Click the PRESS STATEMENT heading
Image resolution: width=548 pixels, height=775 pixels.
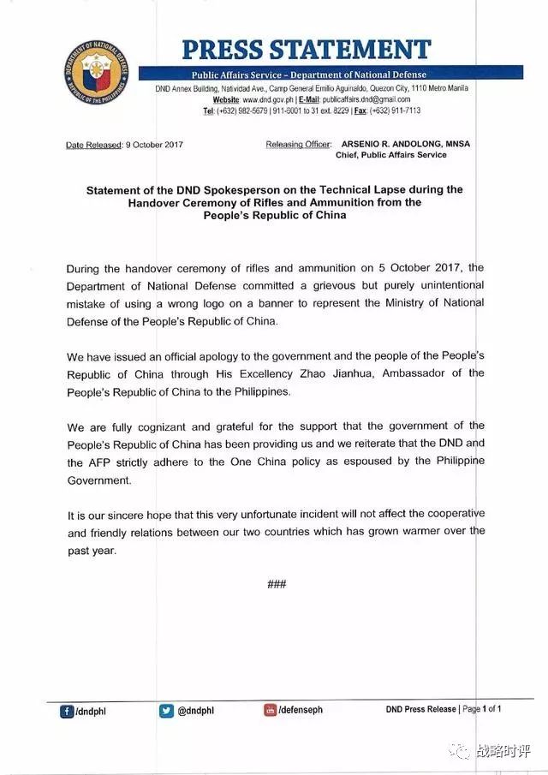tap(306, 49)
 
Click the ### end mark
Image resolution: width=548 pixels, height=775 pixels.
tap(276, 584)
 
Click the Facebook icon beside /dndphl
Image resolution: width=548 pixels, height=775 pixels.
tap(66, 710)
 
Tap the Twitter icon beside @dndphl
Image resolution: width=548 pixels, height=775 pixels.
tap(166, 710)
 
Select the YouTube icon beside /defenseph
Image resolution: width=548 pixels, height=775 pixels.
tap(270, 710)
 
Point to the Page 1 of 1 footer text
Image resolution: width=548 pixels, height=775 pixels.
tap(482, 709)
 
